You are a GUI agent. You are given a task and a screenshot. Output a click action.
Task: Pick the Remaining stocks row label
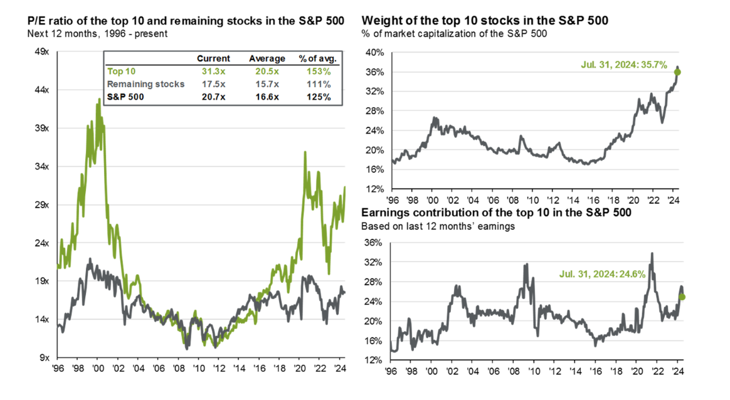145,83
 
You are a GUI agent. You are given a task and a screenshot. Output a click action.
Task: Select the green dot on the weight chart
677,72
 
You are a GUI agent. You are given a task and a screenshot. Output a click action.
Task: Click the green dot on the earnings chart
682,297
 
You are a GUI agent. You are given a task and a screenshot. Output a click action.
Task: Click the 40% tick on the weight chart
374,53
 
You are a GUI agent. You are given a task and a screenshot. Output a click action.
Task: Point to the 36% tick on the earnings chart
374,243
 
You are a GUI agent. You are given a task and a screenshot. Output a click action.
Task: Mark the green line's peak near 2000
98,98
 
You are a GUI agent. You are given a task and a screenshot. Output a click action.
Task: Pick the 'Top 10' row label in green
121,71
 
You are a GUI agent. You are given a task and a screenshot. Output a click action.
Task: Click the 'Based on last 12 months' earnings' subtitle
438,225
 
